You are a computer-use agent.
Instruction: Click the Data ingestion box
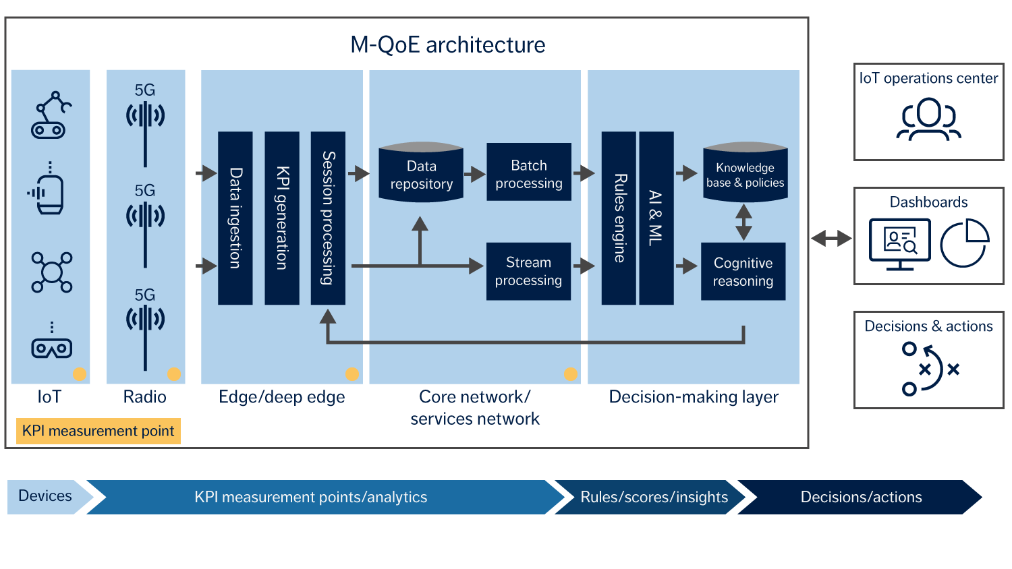click(x=235, y=218)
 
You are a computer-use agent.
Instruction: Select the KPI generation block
click(x=282, y=218)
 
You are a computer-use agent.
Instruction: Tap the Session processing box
click(x=328, y=218)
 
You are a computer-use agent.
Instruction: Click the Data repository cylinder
click(x=421, y=173)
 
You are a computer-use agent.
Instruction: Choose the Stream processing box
click(x=528, y=271)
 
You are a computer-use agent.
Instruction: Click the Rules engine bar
click(x=619, y=218)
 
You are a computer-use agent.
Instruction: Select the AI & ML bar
click(x=656, y=218)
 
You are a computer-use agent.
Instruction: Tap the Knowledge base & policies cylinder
click(x=745, y=173)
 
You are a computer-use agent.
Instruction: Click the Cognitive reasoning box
click(x=743, y=271)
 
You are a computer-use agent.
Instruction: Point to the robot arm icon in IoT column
click(x=51, y=115)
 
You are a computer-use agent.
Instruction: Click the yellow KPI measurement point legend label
click(x=99, y=431)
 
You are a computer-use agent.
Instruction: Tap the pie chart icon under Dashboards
click(x=964, y=243)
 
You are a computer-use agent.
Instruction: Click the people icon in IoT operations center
click(x=928, y=119)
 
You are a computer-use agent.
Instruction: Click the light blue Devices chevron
click(x=46, y=496)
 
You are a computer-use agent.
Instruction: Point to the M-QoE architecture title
click(x=447, y=44)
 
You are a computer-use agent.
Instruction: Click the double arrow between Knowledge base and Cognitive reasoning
click(x=743, y=222)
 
